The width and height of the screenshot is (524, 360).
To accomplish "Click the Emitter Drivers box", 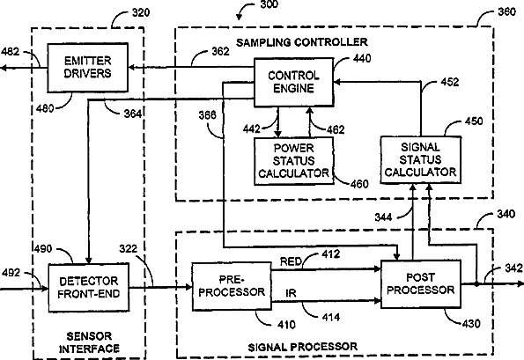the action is (87, 68).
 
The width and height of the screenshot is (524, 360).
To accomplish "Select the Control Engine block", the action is (294, 82).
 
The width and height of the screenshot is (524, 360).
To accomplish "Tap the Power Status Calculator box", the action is (294, 160).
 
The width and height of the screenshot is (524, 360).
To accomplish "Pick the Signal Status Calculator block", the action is (421, 159).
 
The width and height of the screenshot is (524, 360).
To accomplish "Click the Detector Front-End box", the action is (89, 288).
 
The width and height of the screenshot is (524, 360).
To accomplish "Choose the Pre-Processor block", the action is (232, 286).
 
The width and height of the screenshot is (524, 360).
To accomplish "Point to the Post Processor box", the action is (421, 283).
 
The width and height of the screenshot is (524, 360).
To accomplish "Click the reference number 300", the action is (269, 4).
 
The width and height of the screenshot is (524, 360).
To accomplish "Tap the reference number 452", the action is (449, 82).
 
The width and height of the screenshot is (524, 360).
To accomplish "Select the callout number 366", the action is (208, 115).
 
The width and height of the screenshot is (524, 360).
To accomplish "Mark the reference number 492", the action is (11, 273).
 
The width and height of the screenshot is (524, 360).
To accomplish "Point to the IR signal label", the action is (291, 293).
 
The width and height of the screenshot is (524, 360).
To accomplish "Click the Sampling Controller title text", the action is (302, 42).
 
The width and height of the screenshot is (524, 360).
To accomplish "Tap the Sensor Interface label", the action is (89, 342).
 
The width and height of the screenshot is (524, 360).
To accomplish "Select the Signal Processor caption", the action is (302, 347).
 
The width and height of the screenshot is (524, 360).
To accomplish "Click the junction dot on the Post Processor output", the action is (476, 283).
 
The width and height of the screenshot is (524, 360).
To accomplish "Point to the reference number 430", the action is (471, 324).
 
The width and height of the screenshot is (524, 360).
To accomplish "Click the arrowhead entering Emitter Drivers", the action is (131, 68).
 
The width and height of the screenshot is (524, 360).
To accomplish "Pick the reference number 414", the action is (331, 317).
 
